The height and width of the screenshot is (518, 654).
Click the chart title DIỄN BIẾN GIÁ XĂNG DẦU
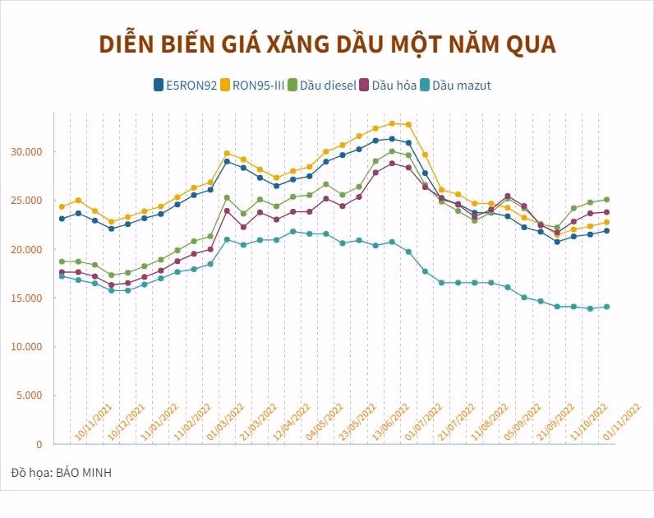327,44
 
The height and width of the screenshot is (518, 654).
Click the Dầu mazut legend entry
460,85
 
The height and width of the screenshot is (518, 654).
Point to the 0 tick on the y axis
38,444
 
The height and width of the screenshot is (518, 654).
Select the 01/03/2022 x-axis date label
226,423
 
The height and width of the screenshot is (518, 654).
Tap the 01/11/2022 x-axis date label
622,423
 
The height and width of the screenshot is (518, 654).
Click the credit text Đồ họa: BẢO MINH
62,473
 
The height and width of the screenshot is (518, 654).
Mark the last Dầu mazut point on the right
606,307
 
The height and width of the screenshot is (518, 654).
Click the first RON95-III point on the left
62,206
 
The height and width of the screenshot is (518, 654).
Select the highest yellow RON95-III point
392,123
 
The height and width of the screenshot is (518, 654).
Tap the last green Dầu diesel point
606,199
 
